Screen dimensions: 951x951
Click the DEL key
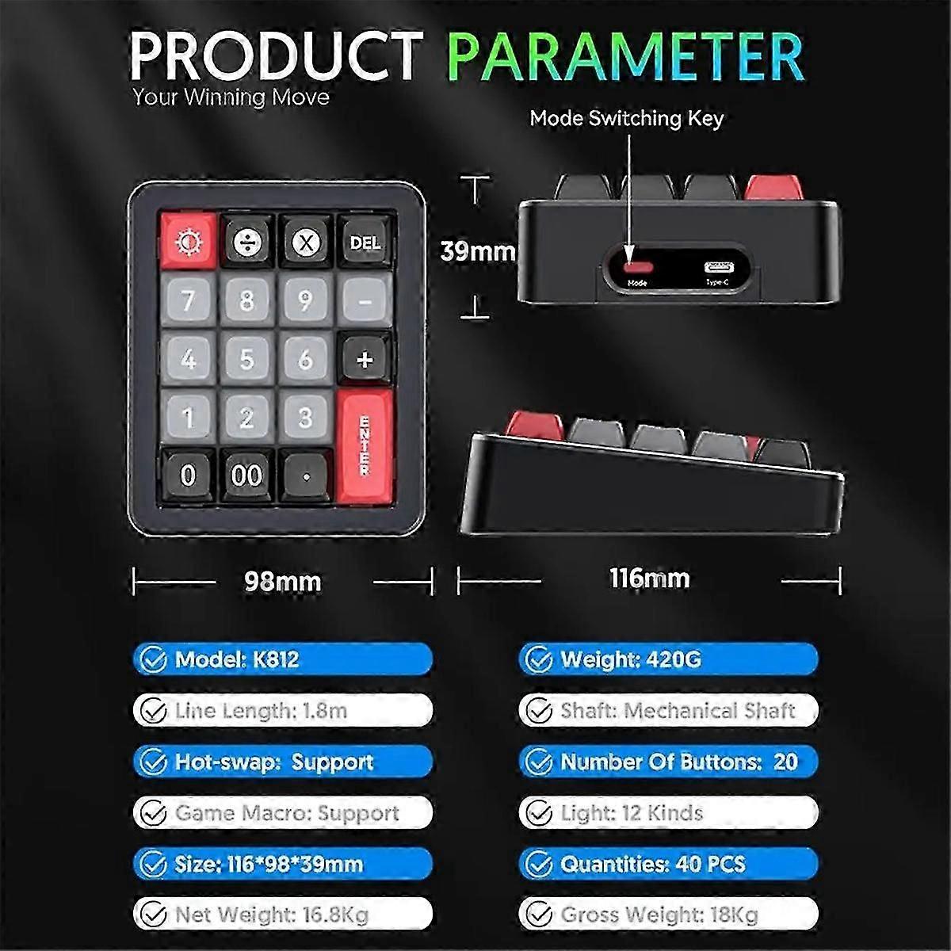pyautogui.click(x=365, y=242)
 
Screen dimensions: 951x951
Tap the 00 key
pyautogui.click(x=246, y=475)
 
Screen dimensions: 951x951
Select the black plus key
pyautogui.click(x=365, y=360)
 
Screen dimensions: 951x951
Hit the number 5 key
pyautogui.click(x=246, y=359)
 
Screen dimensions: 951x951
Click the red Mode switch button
pyautogui.click(x=636, y=266)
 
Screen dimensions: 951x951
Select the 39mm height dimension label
pyautogui.click(x=477, y=251)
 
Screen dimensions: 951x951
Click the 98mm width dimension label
pyautogui.click(x=282, y=582)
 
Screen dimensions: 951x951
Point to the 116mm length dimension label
pyautogui.click(x=649, y=579)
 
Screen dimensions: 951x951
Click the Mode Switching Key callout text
pyautogui.click(x=626, y=119)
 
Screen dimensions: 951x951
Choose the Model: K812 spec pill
pyautogui.click(x=283, y=659)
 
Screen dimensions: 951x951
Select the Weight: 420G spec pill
pyautogui.click(x=668, y=659)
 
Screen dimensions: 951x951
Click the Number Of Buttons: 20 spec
pyautogui.click(x=668, y=762)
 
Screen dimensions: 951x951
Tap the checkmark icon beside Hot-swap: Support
pyautogui.click(x=152, y=762)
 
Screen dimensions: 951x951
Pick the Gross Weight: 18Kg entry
pyautogui.click(x=668, y=915)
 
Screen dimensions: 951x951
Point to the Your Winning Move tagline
pyautogui.click(x=231, y=97)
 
